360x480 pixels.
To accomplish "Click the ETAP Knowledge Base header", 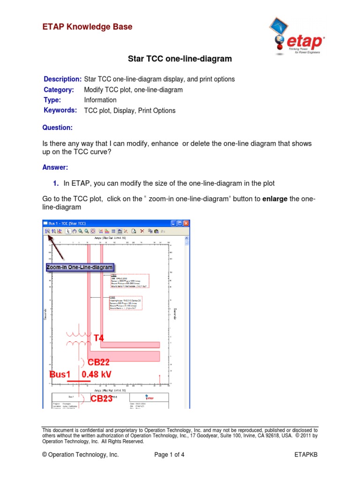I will point(87,27).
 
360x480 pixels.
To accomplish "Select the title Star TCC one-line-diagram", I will point(180,59).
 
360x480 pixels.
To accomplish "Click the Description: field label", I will point(62,79).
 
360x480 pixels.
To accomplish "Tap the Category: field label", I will point(59,90).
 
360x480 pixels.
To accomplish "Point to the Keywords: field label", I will point(60,110).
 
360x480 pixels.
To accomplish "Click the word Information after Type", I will point(100,100).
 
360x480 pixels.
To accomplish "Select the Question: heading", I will point(57,127).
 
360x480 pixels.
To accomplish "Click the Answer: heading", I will point(55,167).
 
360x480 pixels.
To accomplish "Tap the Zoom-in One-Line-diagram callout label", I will point(80,267).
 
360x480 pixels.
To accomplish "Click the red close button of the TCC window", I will point(186,223).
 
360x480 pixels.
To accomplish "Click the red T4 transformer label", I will point(99,338).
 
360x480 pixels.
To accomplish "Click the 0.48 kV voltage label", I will point(96,375).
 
